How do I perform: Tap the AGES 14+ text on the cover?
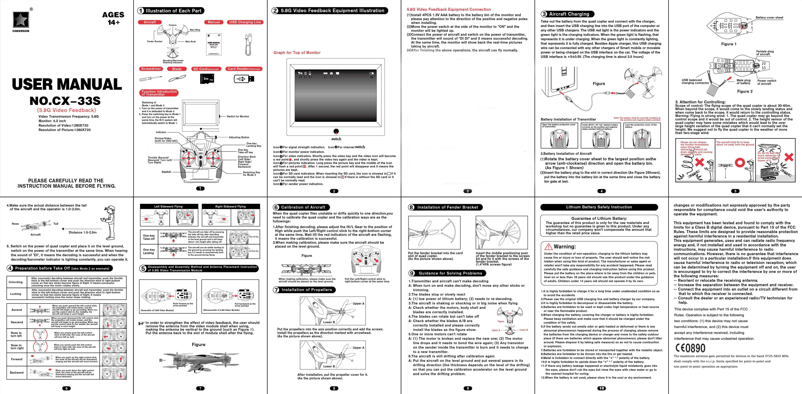tap(113, 18)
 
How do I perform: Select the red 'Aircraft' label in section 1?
tap(150, 22)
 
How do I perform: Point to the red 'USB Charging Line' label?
tap(245, 22)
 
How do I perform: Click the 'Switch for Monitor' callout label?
tap(238, 116)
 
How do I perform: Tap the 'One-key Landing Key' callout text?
tap(254, 145)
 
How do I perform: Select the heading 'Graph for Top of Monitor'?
tap(297, 53)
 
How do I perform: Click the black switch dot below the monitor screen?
tap(336, 131)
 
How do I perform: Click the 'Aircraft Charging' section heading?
tap(569, 14)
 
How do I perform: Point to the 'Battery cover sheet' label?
tap(769, 17)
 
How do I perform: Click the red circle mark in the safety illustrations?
tap(740, 163)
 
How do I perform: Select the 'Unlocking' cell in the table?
tap(15, 282)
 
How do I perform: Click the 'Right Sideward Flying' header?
tap(230, 206)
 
